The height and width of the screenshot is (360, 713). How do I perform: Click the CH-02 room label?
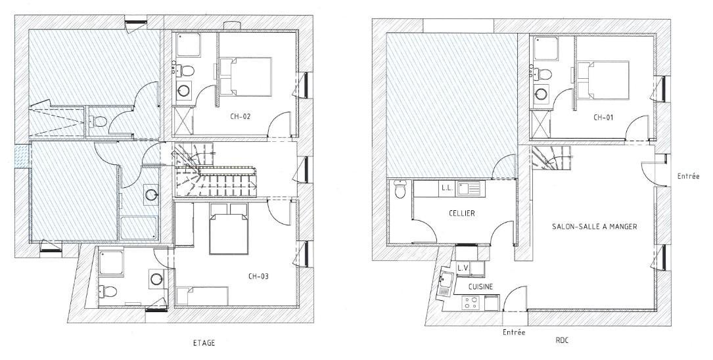pyautogui.click(x=241, y=116)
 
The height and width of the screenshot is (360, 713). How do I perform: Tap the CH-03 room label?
pyautogui.click(x=259, y=275)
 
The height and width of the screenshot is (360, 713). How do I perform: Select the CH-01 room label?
pyautogui.click(x=603, y=118)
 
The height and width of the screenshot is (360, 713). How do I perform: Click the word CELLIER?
pyautogui.click(x=461, y=213)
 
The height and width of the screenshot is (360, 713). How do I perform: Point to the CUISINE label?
pyautogui.click(x=480, y=287)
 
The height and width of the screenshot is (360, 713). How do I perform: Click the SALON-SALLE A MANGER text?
pyautogui.click(x=594, y=226)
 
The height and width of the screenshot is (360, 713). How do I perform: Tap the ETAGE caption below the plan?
pyautogui.click(x=204, y=343)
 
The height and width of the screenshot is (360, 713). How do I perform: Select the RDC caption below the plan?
pyautogui.click(x=563, y=340)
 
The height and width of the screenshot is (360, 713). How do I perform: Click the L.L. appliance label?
pyautogui.click(x=446, y=187)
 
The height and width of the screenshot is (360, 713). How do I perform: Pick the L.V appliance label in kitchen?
pyautogui.click(x=463, y=268)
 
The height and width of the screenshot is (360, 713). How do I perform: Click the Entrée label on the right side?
pyautogui.click(x=688, y=176)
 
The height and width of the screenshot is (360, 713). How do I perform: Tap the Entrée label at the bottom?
pyautogui.click(x=514, y=332)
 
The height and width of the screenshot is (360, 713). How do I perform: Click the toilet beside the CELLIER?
pyautogui.click(x=400, y=190)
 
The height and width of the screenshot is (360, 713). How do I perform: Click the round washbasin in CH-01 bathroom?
pyautogui.click(x=541, y=94)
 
